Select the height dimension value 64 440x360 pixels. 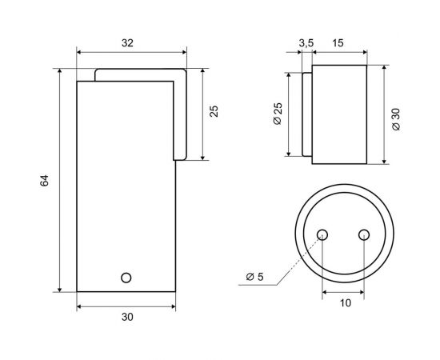point(46,182)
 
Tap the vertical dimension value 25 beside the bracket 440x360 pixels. point(214,110)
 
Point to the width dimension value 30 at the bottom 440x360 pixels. point(126,317)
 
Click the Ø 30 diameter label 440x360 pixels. point(396,118)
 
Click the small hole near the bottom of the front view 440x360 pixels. point(125,277)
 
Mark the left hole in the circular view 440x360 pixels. point(323,234)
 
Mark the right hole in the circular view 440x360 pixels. point(364,234)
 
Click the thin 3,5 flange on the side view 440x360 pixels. point(307,114)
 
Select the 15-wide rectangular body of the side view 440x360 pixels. point(339,114)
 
